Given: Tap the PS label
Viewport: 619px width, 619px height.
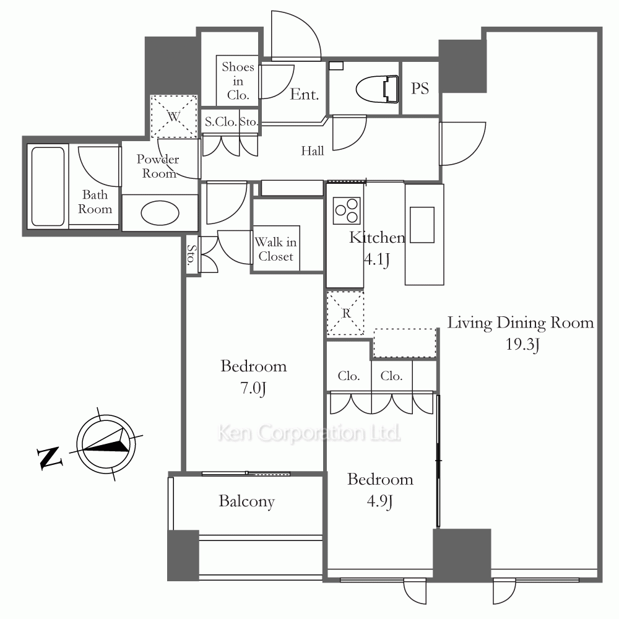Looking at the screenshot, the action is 420,89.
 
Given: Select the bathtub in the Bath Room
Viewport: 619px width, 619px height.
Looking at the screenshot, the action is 48,187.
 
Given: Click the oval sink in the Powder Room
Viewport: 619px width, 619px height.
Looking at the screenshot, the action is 160,213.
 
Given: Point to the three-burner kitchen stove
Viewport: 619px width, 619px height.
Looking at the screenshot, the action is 347,210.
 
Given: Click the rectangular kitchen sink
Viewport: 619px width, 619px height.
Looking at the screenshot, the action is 422,225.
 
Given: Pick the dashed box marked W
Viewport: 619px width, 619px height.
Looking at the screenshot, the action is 174,116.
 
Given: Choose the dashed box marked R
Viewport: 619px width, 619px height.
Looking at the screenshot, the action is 345,313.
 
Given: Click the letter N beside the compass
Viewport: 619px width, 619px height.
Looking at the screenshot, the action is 50,458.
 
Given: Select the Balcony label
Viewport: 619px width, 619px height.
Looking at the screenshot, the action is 247,501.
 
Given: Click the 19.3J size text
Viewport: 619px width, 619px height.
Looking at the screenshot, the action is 522,345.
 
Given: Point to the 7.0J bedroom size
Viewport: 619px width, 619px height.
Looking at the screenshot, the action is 253,389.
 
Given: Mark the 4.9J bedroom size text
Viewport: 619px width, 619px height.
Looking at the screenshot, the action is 379,501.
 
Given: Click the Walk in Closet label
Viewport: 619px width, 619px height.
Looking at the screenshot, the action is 275,249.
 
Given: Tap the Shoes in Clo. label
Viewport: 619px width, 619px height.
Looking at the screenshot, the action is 238,81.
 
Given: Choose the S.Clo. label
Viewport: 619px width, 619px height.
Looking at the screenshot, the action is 221,122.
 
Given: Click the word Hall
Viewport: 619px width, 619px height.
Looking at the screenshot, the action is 312,151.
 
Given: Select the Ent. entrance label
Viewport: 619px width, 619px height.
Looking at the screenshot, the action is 305,94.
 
